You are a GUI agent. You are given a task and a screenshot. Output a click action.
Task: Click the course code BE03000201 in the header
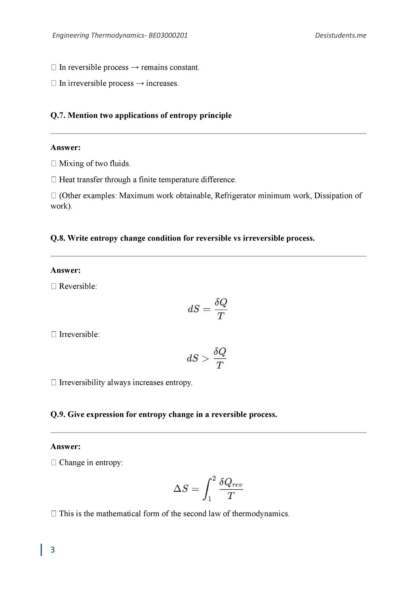click(x=168, y=35)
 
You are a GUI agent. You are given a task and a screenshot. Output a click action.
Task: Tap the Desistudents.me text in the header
click(x=341, y=35)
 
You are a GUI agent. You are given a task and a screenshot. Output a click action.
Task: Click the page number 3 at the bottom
click(x=53, y=550)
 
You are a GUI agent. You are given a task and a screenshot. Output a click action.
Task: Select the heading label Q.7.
click(x=58, y=116)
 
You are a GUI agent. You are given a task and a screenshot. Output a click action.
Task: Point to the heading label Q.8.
click(x=58, y=238)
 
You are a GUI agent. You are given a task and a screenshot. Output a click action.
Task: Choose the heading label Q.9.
click(x=58, y=415)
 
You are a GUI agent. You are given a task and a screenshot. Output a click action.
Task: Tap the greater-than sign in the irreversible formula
click(x=205, y=359)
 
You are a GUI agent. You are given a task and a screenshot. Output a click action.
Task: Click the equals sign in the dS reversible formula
click(x=207, y=309)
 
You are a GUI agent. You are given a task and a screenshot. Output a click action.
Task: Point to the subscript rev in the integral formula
click(x=237, y=485)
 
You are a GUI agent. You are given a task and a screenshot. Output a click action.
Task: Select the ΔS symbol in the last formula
click(x=181, y=488)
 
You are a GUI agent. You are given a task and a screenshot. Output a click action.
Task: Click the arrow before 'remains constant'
click(x=135, y=68)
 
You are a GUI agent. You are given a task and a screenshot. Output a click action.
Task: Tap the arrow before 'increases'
click(x=140, y=84)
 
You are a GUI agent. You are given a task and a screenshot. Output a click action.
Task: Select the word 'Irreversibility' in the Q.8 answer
click(x=82, y=383)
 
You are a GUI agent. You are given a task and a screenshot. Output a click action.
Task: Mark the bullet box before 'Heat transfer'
click(x=54, y=179)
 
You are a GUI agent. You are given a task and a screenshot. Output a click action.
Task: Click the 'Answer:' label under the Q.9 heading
click(x=65, y=446)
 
